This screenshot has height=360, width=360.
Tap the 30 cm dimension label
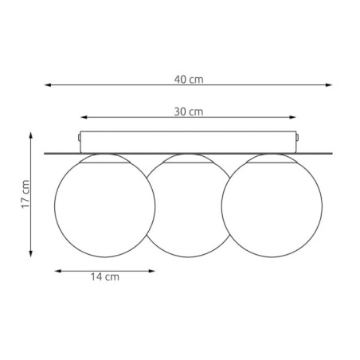190,112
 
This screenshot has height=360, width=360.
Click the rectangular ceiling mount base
188,141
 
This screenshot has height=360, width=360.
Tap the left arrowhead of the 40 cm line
47,83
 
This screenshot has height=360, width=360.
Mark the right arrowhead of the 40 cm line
330,83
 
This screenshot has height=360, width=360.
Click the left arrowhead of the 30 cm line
81,116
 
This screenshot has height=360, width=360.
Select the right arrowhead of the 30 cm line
296,116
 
